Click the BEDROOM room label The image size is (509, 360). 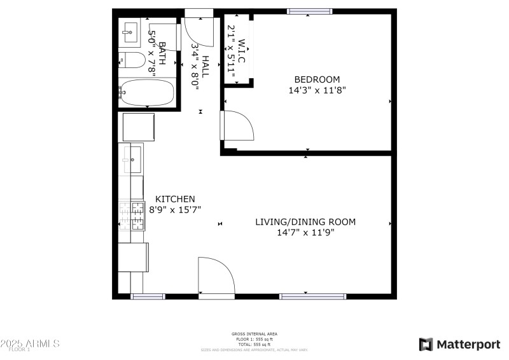click(316, 80)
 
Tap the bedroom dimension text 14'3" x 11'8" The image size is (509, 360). click(316, 90)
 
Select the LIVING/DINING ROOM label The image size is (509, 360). click(305, 222)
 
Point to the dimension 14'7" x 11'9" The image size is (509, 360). click(305, 233)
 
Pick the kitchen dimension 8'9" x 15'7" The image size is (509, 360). click(175, 209)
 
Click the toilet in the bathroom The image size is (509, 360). click(132, 61)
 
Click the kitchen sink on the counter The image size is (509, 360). click(133, 159)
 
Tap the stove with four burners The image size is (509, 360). click(132, 216)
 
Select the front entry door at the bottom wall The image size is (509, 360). click(216, 277)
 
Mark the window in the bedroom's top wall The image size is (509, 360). click(309, 11)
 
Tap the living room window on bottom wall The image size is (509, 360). click(312, 296)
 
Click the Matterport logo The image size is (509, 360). click(459, 344)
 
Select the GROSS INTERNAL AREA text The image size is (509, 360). click(254, 334)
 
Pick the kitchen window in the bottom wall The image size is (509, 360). click(148, 296)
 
